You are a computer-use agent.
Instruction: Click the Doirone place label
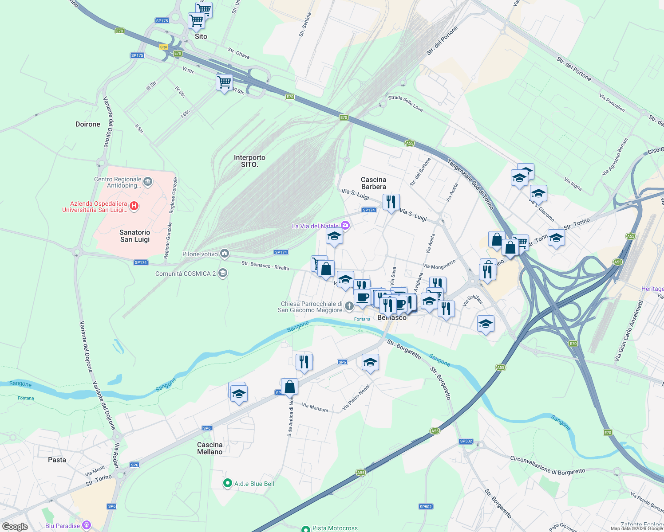coord(88,124)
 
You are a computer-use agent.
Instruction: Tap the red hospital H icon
coord(134,206)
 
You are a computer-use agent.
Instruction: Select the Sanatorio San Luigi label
coord(135,236)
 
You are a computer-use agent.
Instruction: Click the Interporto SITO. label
coord(249,161)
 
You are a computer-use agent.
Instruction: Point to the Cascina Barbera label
coord(373,183)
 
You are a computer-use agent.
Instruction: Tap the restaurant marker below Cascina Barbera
coord(391,202)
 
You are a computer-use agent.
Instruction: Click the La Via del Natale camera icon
coord(345,226)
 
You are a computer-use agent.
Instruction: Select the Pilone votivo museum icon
coord(225,254)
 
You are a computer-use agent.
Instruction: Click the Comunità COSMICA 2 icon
coord(223,273)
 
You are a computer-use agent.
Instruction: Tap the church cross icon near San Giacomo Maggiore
coord(349,306)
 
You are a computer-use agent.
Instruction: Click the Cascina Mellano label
coord(210,448)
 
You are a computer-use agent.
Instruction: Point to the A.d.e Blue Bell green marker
coord(228,483)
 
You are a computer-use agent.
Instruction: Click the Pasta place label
coord(57,460)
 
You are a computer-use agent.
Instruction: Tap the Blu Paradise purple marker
coord(87,525)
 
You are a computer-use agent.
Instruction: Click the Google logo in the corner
coord(15,527)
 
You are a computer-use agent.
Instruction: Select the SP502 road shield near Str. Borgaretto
coord(466,441)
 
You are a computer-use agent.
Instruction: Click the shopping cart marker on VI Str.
coord(224,82)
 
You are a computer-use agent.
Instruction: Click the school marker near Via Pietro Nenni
coord(370,363)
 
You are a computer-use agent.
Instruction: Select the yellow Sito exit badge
coord(164,47)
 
